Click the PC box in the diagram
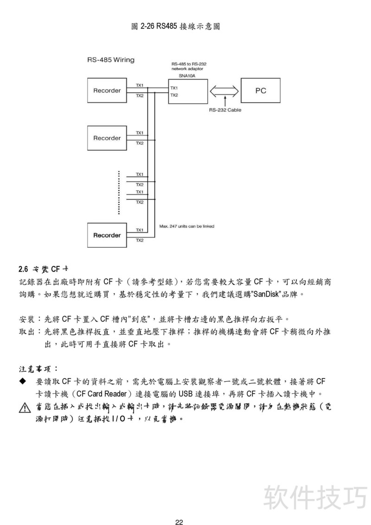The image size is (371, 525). (x=261, y=90)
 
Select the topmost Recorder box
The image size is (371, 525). (x=107, y=90)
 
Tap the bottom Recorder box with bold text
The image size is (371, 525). (x=107, y=235)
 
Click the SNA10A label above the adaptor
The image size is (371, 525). (x=187, y=76)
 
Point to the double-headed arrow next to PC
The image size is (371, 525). (x=224, y=91)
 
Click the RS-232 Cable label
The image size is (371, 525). (x=225, y=110)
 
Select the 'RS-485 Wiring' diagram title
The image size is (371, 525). (x=111, y=60)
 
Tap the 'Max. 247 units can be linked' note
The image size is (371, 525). (x=186, y=226)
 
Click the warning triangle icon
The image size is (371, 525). (x=25, y=409)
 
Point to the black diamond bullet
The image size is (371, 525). (x=23, y=381)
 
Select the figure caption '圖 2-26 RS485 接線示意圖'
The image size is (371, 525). (x=175, y=26)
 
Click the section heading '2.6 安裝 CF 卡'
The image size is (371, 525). (x=44, y=269)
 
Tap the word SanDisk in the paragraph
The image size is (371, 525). (x=266, y=295)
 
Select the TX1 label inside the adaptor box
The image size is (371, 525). (x=174, y=88)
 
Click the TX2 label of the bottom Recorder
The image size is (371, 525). (x=140, y=240)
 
